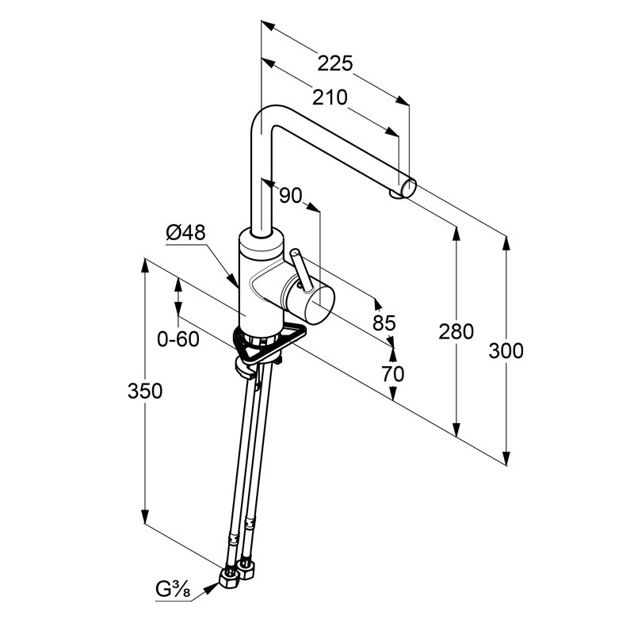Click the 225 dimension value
[335, 63]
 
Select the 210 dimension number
[329, 97]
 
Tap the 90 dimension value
[292, 195]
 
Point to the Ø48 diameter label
[185, 233]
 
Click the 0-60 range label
[178, 339]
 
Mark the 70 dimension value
[393, 372]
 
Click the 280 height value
[456, 330]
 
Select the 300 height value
[506, 349]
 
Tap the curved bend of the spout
[263, 119]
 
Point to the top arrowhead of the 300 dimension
[506, 239]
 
